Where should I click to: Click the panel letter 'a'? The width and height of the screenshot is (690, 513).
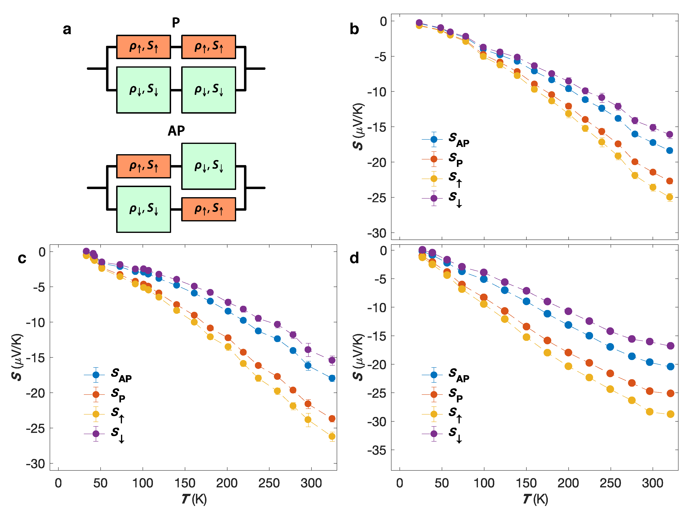point(67,29)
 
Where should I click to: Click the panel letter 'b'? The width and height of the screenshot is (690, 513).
point(354,29)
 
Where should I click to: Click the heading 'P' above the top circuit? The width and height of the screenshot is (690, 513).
point(176,22)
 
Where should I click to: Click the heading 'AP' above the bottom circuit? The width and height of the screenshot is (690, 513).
point(176,131)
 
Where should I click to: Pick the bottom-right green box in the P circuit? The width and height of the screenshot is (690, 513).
point(208,90)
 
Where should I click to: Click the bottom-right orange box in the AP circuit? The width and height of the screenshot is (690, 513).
point(208,209)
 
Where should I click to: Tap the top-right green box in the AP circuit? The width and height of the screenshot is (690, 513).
point(208,166)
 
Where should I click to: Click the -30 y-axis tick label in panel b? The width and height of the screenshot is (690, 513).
point(377,233)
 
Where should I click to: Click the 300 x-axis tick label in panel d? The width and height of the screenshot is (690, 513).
point(652,483)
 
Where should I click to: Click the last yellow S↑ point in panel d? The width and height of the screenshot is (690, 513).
point(670,414)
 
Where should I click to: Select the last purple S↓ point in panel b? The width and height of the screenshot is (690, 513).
point(669,134)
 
